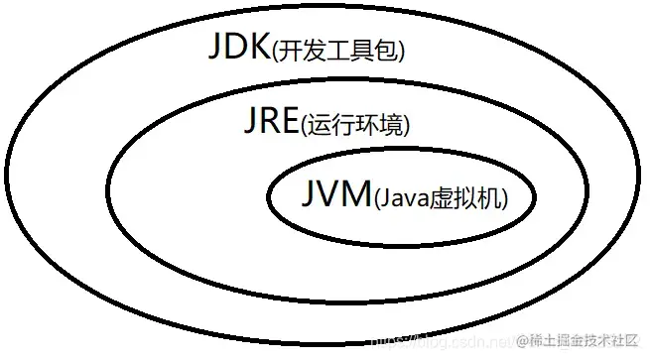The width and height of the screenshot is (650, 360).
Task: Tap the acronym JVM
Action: point(333,193)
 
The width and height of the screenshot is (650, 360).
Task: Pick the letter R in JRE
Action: point(268,123)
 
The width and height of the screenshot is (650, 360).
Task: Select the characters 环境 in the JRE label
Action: point(379,126)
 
